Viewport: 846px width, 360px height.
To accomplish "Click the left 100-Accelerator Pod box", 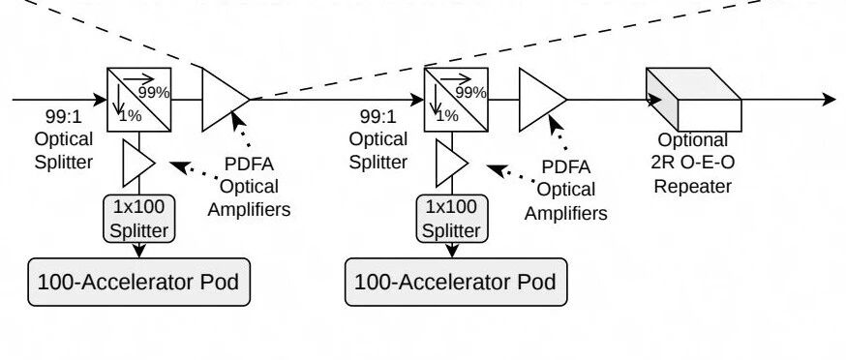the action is click(x=138, y=282).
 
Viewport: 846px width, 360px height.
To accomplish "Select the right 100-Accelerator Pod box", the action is click(x=456, y=282).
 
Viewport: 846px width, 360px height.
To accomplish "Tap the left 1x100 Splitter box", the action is click(x=139, y=219).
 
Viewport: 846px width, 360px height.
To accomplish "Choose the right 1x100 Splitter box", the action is click(x=452, y=219).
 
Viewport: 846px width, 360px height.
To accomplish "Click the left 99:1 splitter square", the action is click(x=139, y=100).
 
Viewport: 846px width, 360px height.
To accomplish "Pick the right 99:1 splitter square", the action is click(x=457, y=100).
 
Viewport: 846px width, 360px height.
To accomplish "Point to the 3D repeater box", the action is click(x=694, y=100).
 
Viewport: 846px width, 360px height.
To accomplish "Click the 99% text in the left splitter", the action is click(x=154, y=93).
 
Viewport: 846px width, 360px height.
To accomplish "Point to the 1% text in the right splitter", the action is click(x=447, y=115).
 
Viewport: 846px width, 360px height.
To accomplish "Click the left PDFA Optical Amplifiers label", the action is click(x=250, y=186).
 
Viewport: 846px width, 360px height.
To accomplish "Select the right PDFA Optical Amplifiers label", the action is click(x=566, y=190).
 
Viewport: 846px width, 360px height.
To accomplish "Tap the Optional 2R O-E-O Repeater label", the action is click(x=693, y=163).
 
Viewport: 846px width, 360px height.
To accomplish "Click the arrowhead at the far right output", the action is click(x=830, y=100).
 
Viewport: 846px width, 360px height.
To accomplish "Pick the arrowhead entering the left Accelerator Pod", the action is click(x=139, y=251).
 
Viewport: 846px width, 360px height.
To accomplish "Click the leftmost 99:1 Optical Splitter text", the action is click(x=64, y=138).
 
